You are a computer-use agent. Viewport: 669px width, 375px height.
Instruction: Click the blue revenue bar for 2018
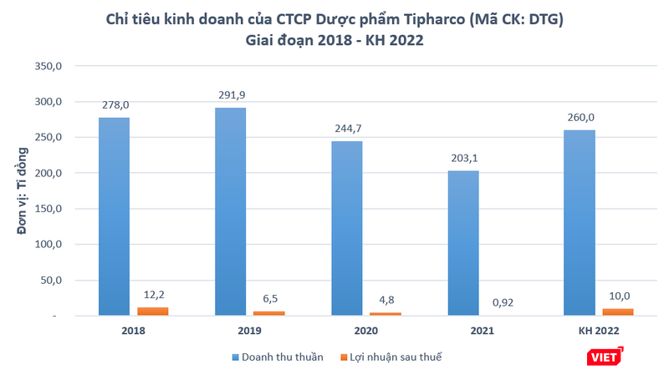point(114,216)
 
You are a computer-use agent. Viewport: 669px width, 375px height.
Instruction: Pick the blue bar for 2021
point(462,243)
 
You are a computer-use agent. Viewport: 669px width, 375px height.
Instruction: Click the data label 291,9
point(230,94)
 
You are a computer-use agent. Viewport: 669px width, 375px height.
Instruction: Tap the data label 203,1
point(462,157)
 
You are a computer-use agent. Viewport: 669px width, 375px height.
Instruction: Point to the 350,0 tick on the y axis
point(48,66)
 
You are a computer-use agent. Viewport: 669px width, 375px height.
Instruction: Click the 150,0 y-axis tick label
point(48,209)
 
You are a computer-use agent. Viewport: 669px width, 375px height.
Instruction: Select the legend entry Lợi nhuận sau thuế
point(391,357)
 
